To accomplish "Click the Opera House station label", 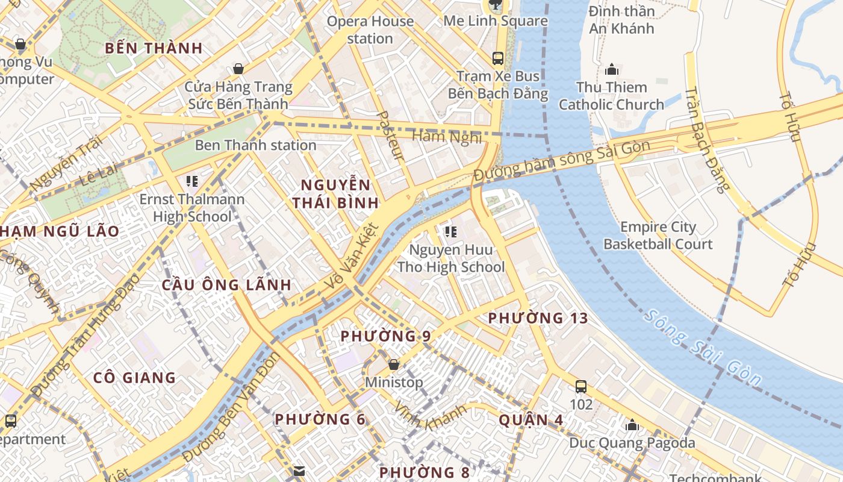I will point(370,30).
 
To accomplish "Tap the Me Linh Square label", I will point(495,21).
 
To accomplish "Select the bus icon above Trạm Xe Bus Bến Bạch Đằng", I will point(498,58).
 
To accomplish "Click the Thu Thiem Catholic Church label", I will point(611,96).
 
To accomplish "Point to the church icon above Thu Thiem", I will point(612,69).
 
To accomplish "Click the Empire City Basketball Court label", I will point(658,236).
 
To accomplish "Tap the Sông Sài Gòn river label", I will point(702,347).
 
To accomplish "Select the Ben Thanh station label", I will point(255,145).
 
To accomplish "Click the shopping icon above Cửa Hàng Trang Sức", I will point(238,68).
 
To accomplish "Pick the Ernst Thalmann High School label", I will point(192,208).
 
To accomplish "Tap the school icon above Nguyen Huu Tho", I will point(450,231).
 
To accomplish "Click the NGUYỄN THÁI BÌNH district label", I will point(335,193).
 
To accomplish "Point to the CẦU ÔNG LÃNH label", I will point(226,285).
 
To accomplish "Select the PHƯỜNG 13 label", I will point(537,318).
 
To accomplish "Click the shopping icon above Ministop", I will point(394,365).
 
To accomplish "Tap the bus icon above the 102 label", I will point(581,386).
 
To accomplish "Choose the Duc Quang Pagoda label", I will point(632,443).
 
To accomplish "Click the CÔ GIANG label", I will point(134,378).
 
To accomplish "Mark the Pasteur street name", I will point(390,135).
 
